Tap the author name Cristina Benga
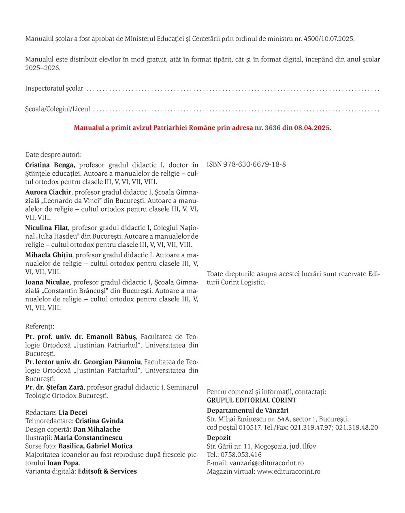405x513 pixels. click(50, 165)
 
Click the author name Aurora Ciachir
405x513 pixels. click(48, 192)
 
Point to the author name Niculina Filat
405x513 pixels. click(47, 228)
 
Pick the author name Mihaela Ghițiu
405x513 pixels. click(49, 255)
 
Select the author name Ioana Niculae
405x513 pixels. click(47, 282)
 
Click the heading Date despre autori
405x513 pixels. click(53, 155)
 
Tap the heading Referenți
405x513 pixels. click(40, 326)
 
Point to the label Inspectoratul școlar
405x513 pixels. click(54, 88)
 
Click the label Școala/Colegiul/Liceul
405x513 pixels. click(58, 109)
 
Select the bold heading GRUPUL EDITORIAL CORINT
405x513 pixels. click(251, 400)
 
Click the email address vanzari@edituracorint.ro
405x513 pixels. click(266, 463)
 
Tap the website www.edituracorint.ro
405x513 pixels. click(288, 471)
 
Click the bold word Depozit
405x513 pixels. click(219, 438)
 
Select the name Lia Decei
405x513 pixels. click(73, 413)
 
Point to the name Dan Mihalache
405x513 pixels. click(96, 429)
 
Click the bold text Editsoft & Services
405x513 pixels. click(107, 471)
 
